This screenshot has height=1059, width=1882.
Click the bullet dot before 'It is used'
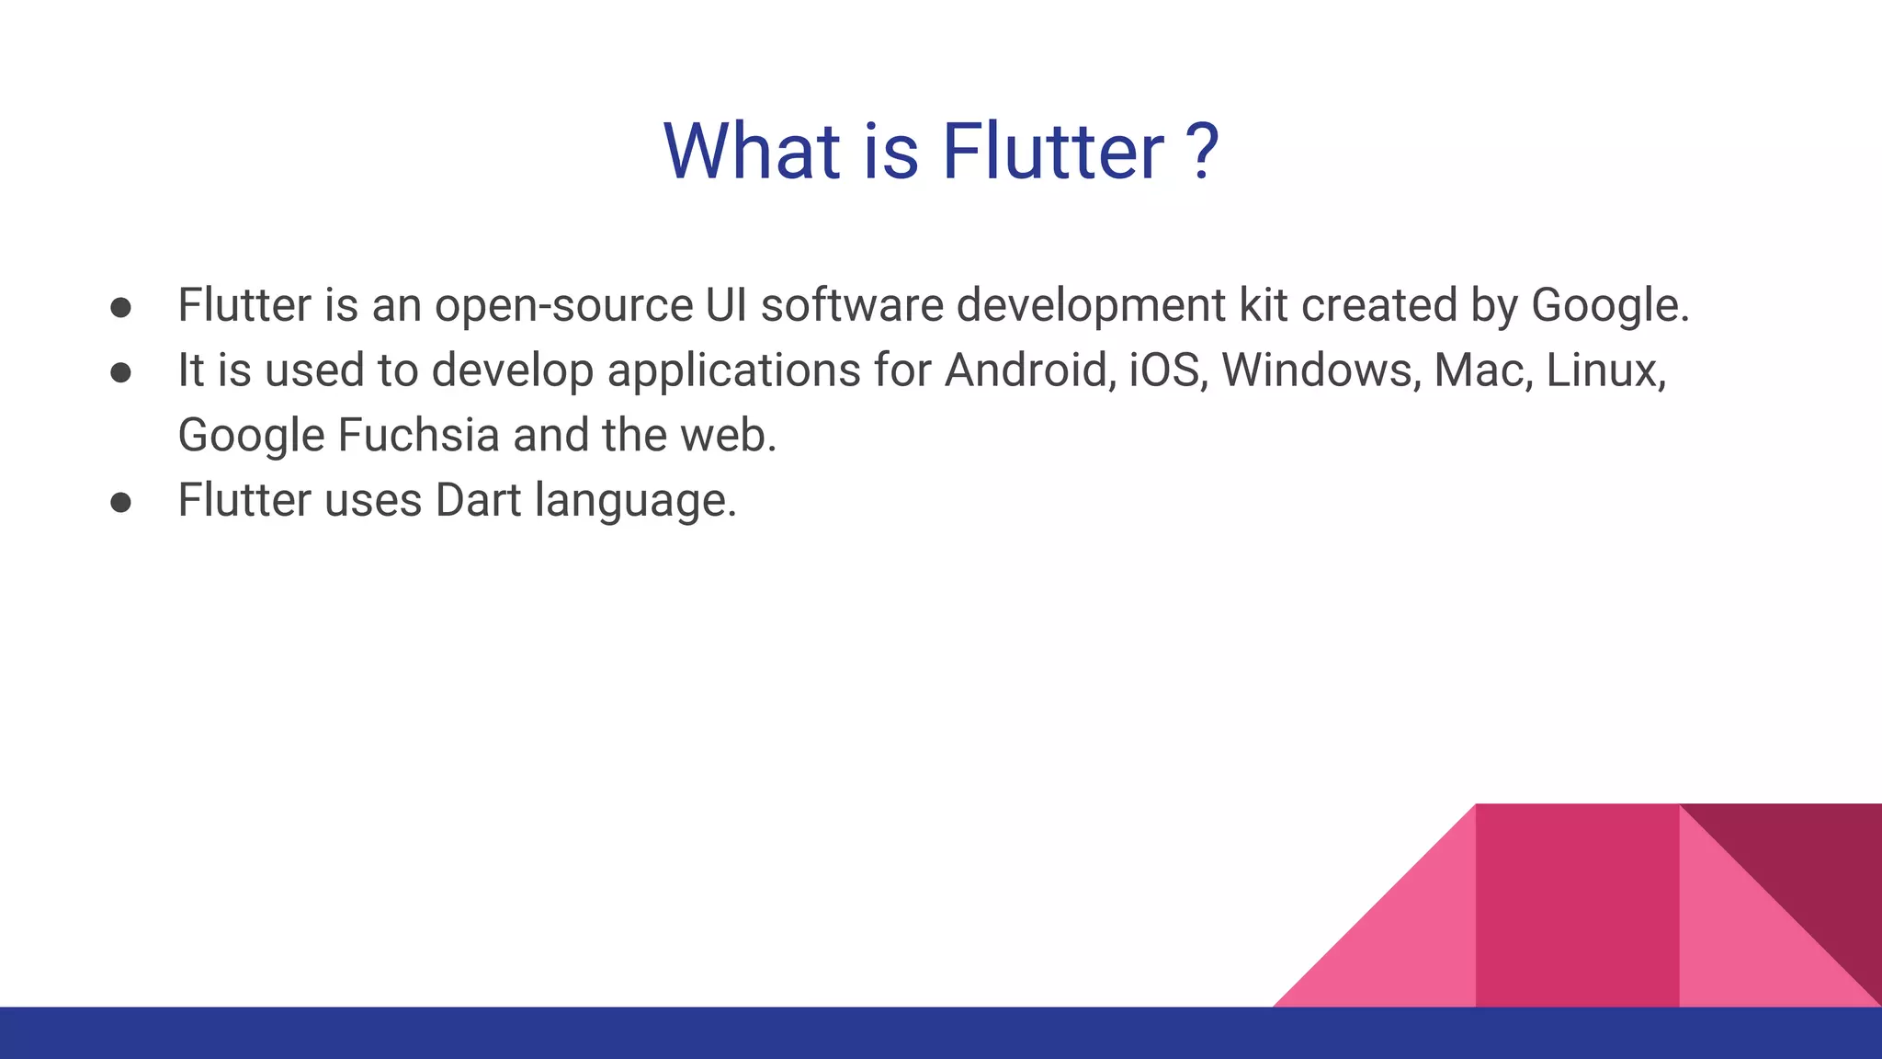click(120, 371)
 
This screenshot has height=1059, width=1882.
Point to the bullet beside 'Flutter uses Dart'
click(120, 502)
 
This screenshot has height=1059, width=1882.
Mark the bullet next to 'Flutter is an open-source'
click(120, 307)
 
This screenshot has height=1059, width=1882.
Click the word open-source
click(563, 306)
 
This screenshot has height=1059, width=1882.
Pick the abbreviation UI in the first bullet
click(726, 305)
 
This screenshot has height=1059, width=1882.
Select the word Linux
click(1604, 370)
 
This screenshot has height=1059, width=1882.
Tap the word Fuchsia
click(418, 436)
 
